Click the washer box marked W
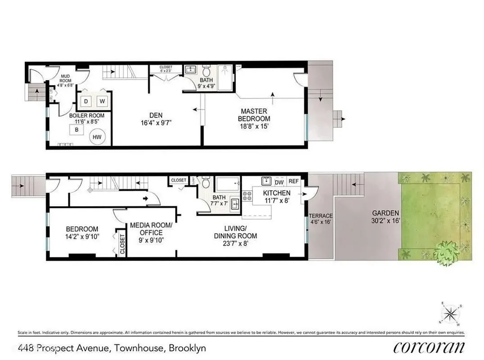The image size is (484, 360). click(x=102, y=101)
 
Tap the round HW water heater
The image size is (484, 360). click(x=98, y=137)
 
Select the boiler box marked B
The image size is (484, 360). click(x=77, y=130)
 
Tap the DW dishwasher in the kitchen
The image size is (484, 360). click(x=279, y=182)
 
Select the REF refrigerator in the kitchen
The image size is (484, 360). click(x=294, y=182)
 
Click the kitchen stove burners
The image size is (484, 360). click(x=247, y=196)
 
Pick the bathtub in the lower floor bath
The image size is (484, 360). click(x=228, y=184)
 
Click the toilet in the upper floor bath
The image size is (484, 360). click(x=207, y=71)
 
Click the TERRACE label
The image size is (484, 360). click(x=321, y=216)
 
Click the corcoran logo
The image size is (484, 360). click(x=429, y=348)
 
